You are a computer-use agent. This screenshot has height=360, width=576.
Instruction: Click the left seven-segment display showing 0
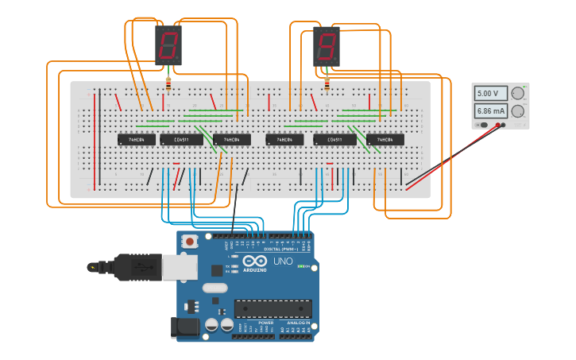pyautogui.click(x=168, y=45)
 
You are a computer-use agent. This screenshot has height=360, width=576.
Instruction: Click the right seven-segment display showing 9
pyautogui.click(x=327, y=45)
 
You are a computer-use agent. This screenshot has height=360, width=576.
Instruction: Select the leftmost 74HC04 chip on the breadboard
pyautogui.click(x=131, y=140)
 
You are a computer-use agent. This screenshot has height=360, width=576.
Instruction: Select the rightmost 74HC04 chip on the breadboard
pyautogui.click(x=385, y=140)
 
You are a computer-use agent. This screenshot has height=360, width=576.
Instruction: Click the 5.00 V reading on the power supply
pyautogui.click(x=490, y=94)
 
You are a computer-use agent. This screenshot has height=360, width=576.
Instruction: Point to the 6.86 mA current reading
pyautogui.click(x=490, y=111)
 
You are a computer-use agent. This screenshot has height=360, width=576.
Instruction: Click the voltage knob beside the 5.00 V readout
pyautogui.click(x=518, y=94)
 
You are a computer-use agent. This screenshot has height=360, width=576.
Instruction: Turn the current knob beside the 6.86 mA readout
pyautogui.click(x=518, y=111)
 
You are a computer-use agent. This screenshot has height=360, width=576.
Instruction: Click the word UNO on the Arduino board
pyautogui.click(x=283, y=261)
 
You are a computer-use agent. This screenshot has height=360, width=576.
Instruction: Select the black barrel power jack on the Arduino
pyautogui.click(x=184, y=327)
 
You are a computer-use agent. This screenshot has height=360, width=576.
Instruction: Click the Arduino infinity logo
pyautogui.click(x=256, y=261)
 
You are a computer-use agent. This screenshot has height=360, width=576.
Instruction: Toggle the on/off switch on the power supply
pyautogui.click(x=481, y=125)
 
